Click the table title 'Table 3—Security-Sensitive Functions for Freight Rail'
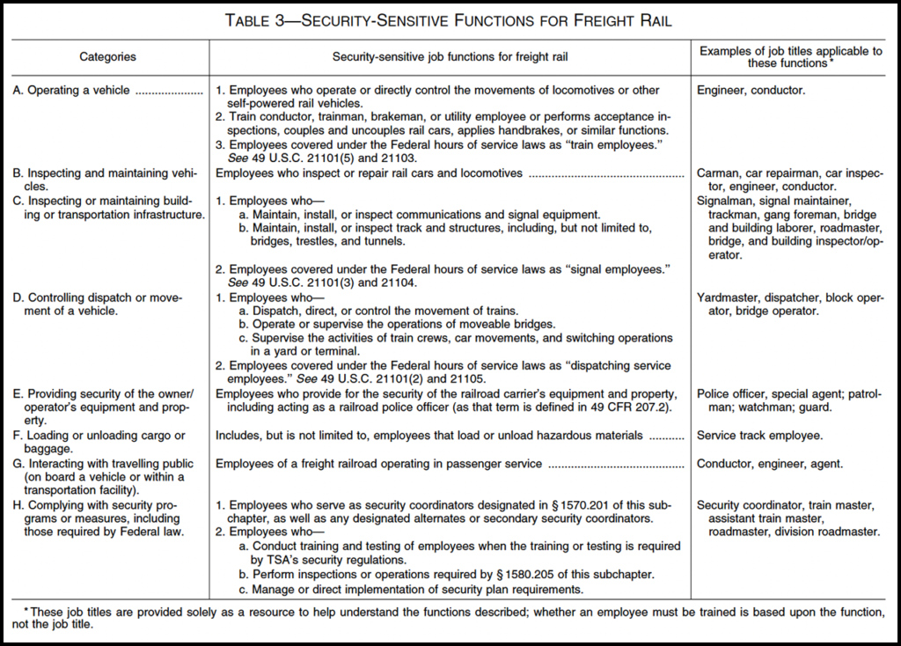[x=450, y=20]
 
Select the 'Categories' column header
[x=107, y=57]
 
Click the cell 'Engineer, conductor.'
[x=751, y=90]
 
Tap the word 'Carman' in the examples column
[x=717, y=173]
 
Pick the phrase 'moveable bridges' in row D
[x=480, y=325]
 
